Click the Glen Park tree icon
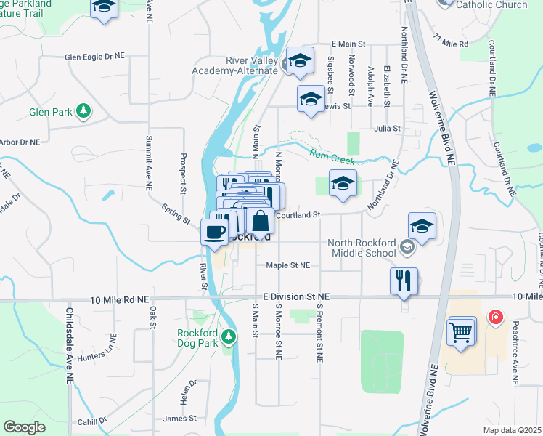coord(84,111)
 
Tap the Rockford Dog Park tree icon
coord(228,336)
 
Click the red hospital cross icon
coord(495,317)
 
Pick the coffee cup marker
coord(214,233)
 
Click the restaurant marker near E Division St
coord(404,280)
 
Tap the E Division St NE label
coord(296,297)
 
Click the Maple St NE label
coord(287,266)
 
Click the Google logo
coord(24,427)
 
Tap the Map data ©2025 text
coord(511,430)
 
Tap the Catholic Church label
coord(491,5)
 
